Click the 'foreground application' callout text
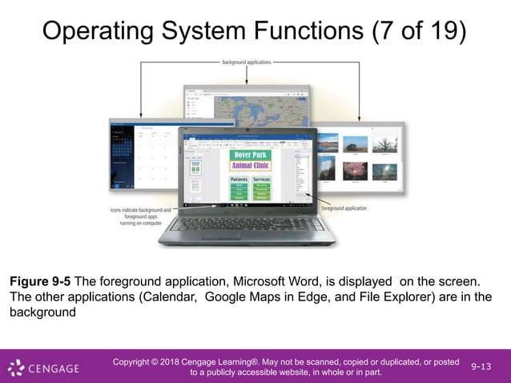344,208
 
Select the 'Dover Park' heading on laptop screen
251,155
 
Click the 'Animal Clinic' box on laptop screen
251,166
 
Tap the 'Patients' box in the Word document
239,179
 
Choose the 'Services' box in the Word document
262,179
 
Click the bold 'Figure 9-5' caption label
39,281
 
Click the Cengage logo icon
15,368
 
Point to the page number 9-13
482,366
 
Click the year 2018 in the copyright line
188,361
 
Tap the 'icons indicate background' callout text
141,210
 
